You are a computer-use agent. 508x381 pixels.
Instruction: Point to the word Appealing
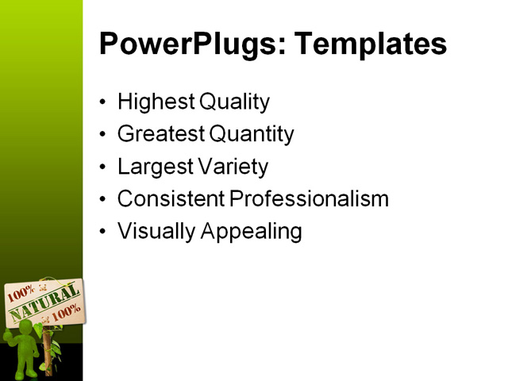pyautogui.click(x=249, y=232)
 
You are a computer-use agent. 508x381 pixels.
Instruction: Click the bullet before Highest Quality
pyautogui.click(x=103, y=103)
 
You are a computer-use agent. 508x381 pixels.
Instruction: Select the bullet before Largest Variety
pyautogui.click(x=103, y=167)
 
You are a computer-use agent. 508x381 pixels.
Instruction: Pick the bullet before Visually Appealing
pyautogui.click(x=103, y=233)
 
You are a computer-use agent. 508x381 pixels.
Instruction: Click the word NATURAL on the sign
pyautogui.click(x=43, y=306)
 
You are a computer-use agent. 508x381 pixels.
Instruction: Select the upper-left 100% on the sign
pyautogui.click(x=21, y=292)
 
